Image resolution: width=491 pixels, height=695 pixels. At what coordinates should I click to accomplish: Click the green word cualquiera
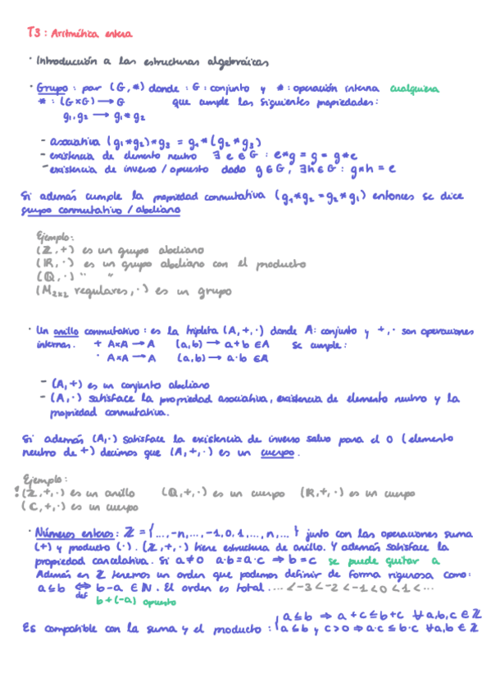(x=414, y=89)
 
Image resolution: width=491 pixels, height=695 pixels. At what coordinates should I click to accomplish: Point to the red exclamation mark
(x=17, y=493)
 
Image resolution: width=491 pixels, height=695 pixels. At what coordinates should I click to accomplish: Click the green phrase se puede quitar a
(x=383, y=561)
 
